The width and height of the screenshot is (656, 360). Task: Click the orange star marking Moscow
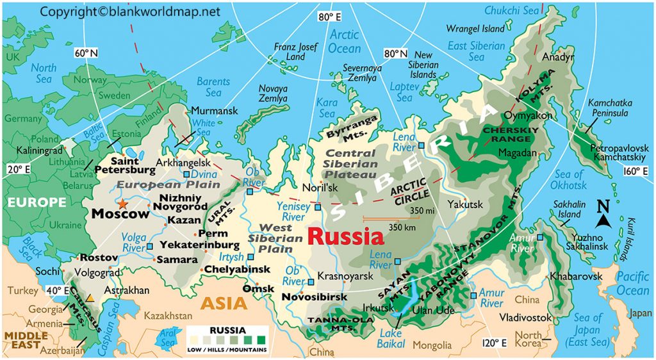tap(122, 204)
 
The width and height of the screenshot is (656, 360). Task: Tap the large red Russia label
tap(346, 236)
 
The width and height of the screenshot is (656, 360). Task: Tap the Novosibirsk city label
tap(315, 297)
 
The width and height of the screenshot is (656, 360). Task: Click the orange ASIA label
tap(224, 302)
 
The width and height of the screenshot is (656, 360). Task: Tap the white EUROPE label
tap(37, 202)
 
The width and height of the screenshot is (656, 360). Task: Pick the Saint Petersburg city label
tap(125, 166)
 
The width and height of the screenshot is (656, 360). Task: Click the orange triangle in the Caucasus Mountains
tap(90, 299)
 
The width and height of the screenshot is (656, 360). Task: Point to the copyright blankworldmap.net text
tap(130, 11)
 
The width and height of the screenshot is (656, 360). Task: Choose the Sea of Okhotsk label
tap(570, 180)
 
